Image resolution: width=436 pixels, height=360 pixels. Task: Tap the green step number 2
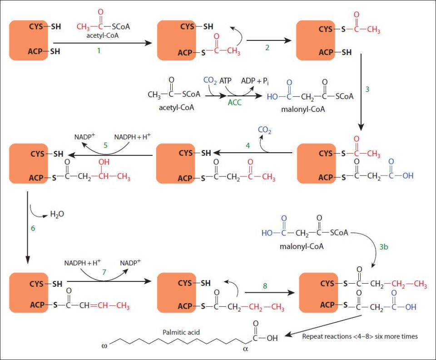click(x=268, y=48)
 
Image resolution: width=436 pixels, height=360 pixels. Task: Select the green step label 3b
click(x=384, y=247)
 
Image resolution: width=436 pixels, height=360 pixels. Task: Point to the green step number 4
click(x=248, y=146)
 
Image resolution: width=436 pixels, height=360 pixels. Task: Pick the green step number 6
click(x=33, y=228)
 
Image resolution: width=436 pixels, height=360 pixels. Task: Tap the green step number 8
click(x=265, y=286)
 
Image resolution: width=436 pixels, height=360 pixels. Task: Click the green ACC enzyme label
click(x=234, y=103)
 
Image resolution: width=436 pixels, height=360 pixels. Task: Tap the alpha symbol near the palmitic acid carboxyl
click(x=246, y=349)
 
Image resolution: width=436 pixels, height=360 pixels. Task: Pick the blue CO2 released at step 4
click(x=265, y=130)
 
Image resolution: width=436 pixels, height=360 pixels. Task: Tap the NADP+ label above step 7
click(x=130, y=263)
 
